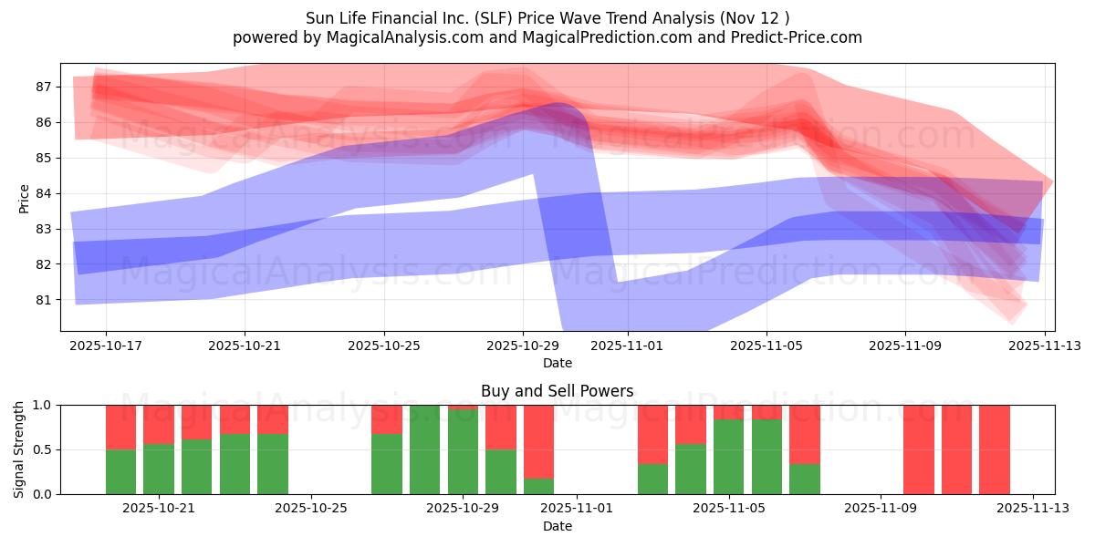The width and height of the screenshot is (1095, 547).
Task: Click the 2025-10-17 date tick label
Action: click(x=106, y=346)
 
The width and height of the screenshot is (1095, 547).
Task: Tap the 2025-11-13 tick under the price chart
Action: click(x=1044, y=346)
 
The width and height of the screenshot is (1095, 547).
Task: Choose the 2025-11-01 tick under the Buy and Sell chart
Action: click(x=578, y=509)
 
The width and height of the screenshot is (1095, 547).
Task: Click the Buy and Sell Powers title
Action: click(x=557, y=391)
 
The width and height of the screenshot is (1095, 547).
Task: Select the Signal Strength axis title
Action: click(x=19, y=449)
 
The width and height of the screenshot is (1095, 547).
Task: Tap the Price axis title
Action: click(x=24, y=198)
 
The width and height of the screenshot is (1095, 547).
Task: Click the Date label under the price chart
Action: click(x=557, y=363)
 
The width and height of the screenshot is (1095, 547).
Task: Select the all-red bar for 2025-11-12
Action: click(x=995, y=449)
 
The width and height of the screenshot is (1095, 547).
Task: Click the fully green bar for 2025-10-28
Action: click(x=425, y=449)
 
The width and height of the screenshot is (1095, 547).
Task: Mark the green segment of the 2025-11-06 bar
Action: click(x=766, y=457)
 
